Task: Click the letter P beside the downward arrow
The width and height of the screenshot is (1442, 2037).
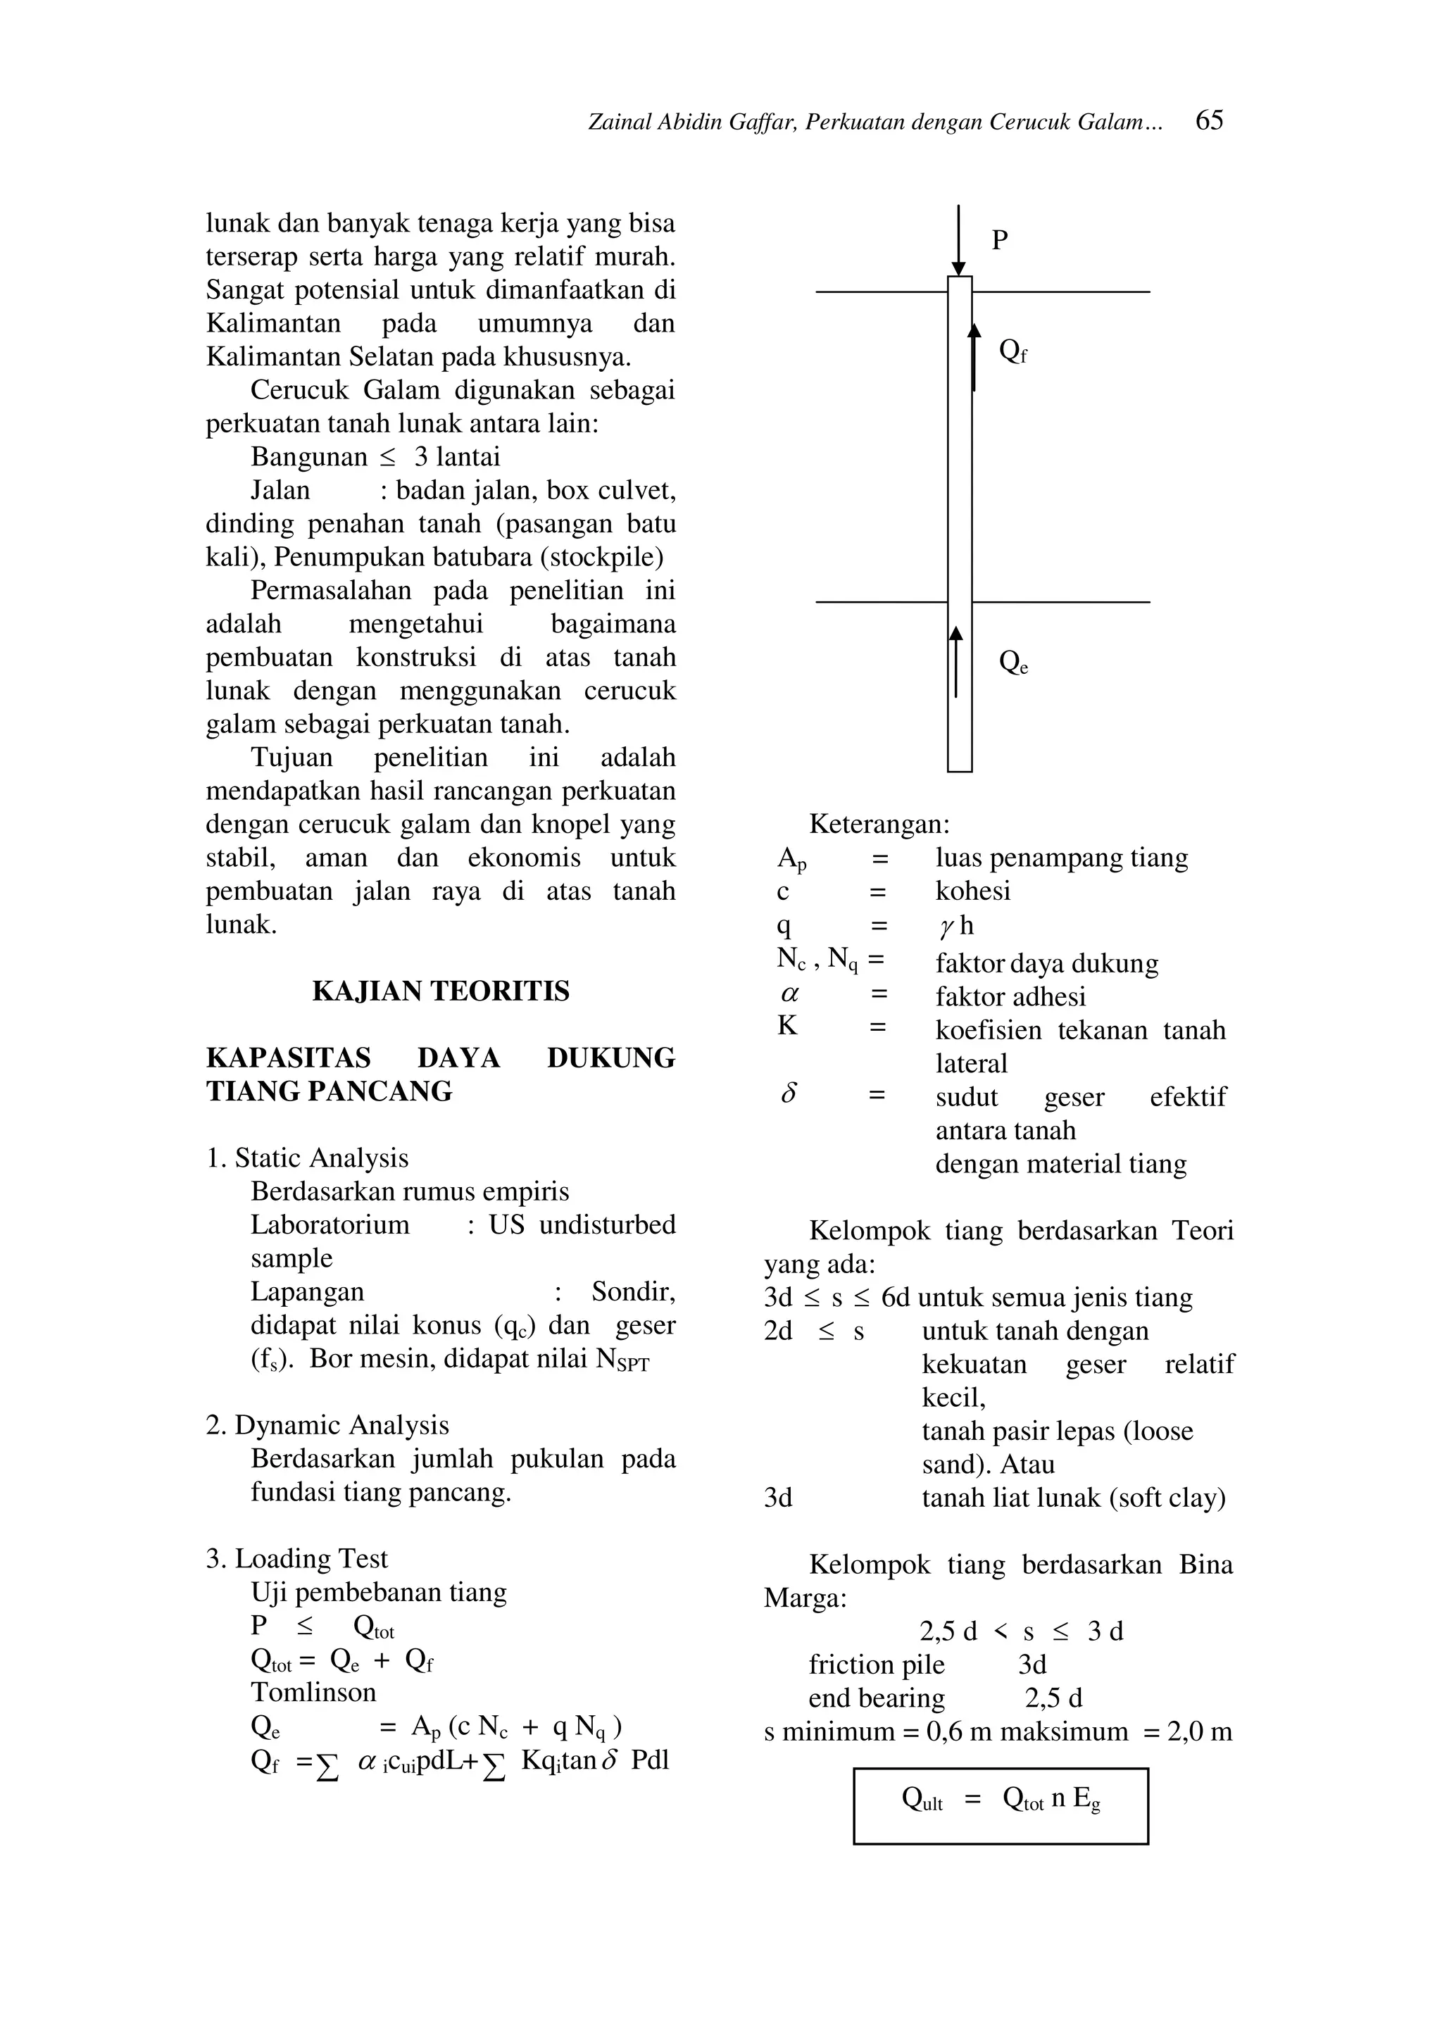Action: coord(999,241)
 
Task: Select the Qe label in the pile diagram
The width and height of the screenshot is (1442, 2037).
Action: coord(1012,663)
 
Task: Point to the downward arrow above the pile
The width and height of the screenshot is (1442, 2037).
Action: coord(958,240)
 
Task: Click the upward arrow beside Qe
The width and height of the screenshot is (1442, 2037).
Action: coord(955,662)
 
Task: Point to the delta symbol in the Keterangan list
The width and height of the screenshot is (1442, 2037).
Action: coord(789,1095)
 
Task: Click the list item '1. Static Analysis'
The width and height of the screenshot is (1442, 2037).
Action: coord(307,1158)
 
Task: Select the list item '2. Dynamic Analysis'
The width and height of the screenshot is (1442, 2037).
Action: coord(327,1425)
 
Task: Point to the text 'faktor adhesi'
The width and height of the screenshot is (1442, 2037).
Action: coord(1010,996)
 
